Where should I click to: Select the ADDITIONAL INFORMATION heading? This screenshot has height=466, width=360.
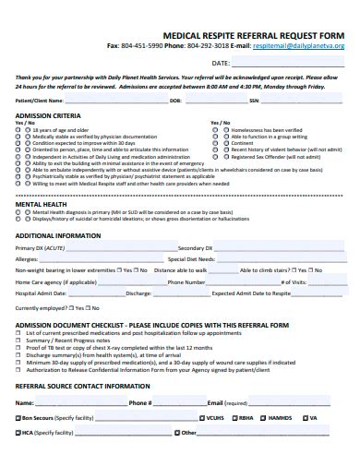pyautogui.click(x=58, y=235)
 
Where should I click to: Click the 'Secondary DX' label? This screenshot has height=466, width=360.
pyautogui.click(x=196, y=249)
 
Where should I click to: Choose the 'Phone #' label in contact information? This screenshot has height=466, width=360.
pyautogui.click(x=140, y=403)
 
